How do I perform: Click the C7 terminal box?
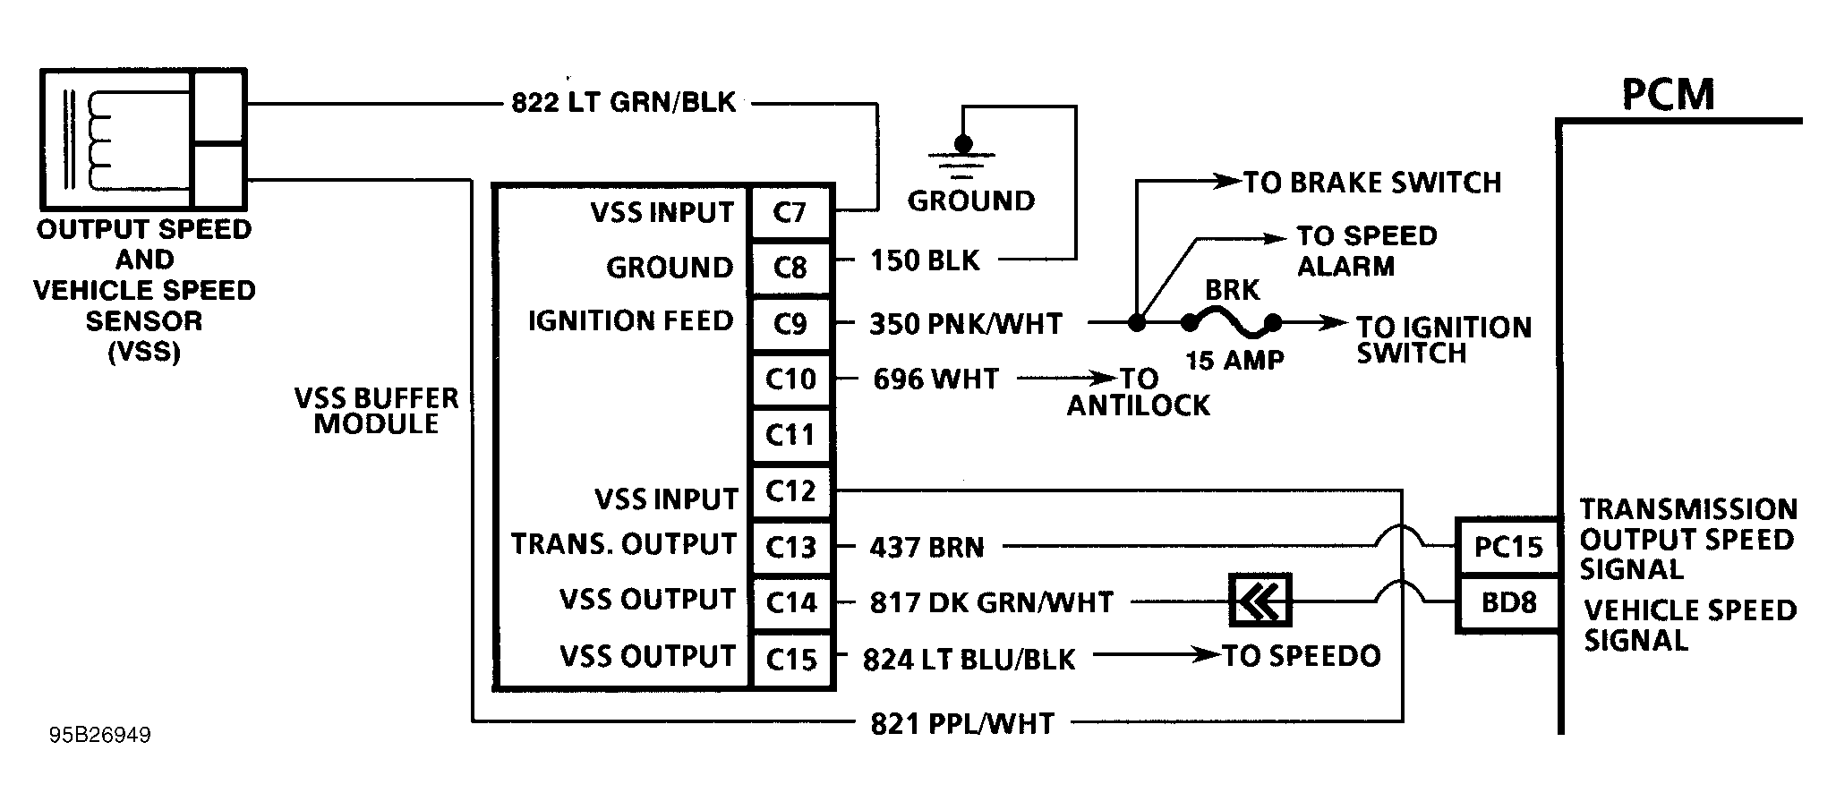point(791,213)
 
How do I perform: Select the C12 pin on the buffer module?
point(791,491)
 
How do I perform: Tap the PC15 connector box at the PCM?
point(1508,546)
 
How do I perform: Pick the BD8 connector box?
point(1508,602)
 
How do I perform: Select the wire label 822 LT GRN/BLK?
point(623,103)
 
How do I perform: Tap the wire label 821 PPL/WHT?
point(962,723)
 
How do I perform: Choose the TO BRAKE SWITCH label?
point(1371,183)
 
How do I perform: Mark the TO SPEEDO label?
point(1302,656)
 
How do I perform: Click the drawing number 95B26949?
point(100,736)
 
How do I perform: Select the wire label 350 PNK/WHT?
point(965,324)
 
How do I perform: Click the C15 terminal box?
point(791,660)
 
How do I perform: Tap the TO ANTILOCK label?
point(1138,392)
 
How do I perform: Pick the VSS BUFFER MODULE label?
point(376,411)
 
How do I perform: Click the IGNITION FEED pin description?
point(630,321)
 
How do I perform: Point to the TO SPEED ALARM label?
point(1366,251)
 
